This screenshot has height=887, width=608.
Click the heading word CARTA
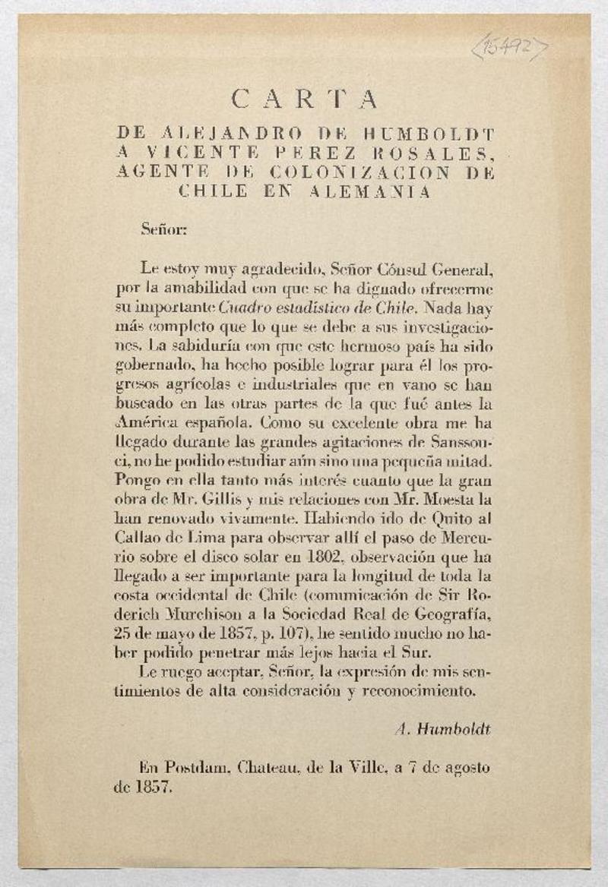[304, 99]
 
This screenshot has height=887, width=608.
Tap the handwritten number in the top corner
[509, 48]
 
